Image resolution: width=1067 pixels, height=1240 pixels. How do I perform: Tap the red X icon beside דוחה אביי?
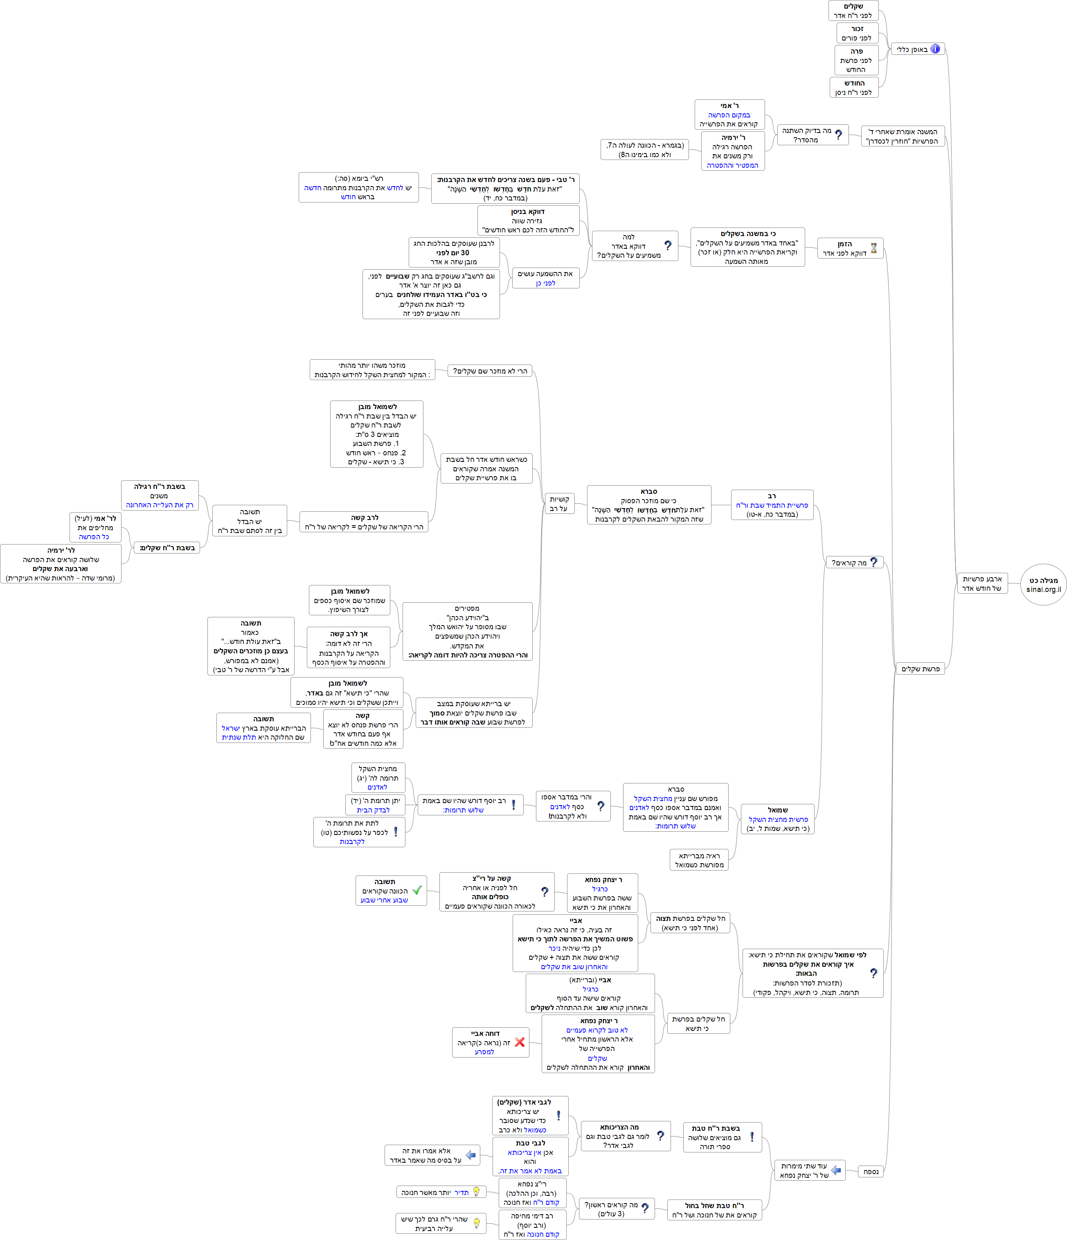click(x=520, y=1042)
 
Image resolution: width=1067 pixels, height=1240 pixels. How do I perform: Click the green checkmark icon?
click(x=417, y=891)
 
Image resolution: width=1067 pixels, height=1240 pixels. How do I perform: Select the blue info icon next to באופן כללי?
click(x=935, y=49)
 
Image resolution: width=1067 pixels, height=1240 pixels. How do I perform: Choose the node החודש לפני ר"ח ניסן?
click(x=853, y=88)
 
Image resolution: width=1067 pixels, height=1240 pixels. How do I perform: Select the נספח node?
click(x=871, y=1171)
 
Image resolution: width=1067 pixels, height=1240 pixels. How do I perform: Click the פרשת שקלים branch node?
click(x=921, y=668)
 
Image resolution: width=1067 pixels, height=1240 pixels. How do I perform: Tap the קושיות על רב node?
click(x=559, y=503)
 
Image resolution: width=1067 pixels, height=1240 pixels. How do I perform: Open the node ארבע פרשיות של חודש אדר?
click(x=982, y=583)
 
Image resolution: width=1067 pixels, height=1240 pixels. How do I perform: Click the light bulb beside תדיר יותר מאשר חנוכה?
click(x=476, y=1192)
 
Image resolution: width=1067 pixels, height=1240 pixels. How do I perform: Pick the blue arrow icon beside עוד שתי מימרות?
click(x=836, y=1170)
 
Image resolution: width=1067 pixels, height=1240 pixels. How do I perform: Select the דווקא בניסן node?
click(x=528, y=220)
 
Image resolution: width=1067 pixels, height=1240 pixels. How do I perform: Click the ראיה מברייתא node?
click(x=699, y=860)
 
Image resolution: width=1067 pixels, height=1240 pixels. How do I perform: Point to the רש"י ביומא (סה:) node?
click(x=358, y=187)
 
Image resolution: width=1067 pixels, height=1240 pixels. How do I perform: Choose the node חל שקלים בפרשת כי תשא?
click(x=698, y=1023)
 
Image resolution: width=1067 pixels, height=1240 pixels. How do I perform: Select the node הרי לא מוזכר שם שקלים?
click(x=489, y=371)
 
